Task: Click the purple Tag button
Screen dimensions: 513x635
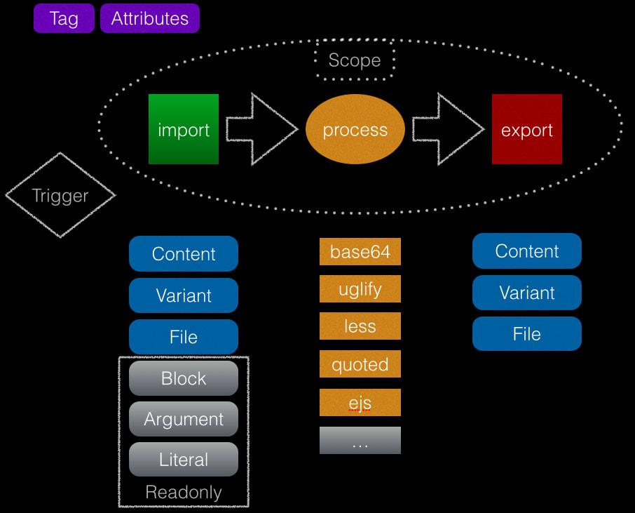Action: coord(64,18)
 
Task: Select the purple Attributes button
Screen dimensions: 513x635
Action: coord(150,18)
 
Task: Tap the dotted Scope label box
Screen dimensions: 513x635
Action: coord(355,60)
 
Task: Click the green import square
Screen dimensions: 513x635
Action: coord(184,129)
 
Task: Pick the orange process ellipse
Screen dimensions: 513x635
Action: coord(355,130)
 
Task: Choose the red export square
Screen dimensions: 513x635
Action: coord(527,129)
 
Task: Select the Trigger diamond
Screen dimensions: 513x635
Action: coord(60,196)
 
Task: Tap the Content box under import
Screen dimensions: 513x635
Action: coord(184,254)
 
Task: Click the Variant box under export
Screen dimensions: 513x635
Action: coord(527,293)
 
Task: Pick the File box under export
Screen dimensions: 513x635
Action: coord(527,334)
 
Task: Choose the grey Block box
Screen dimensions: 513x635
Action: coord(184,378)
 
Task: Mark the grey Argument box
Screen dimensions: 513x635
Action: coord(184,419)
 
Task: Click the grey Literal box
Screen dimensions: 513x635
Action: coord(184,460)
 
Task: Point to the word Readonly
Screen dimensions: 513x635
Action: coord(184,493)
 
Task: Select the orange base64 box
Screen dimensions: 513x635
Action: coord(360,251)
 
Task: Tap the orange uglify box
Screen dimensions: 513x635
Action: coord(360,288)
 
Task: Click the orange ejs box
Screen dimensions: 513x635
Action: coord(360,403)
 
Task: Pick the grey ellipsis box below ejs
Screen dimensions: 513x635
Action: coord(360,441)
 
